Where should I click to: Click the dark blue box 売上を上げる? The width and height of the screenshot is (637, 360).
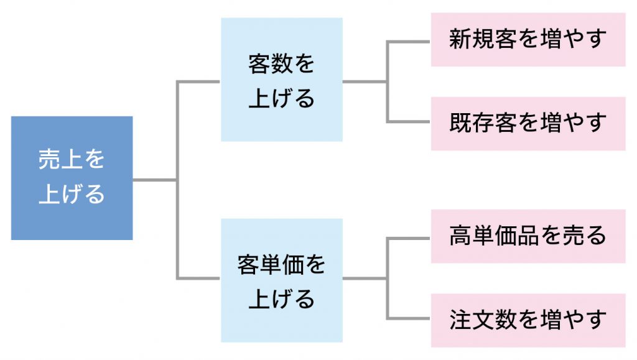point(72,178)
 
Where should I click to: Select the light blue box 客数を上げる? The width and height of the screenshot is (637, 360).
point(282,80)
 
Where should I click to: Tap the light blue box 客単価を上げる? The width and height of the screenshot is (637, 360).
point(282,280)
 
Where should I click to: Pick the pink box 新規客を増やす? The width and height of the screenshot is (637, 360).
point(528,39)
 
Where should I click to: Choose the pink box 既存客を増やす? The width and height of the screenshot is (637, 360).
point(528,124)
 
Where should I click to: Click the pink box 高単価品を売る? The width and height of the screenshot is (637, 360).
point(528,236)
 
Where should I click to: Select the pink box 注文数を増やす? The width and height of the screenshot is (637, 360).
point(528,320)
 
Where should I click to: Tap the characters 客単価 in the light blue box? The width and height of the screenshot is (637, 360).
point(271,265)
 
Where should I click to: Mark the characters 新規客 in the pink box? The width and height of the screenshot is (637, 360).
point(483,39)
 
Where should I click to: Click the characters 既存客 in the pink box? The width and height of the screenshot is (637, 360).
point(483,123)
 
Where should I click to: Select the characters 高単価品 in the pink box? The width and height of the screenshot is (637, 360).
point(494,236)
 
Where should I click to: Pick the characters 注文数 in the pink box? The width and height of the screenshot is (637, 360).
point(483,320)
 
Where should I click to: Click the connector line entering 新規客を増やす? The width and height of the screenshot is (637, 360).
point(408,42)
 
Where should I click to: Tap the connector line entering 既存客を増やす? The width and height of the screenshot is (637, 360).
point(408,121)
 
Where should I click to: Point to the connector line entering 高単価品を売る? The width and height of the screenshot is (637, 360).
point(408,238)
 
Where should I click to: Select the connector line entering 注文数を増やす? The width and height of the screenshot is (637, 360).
point(408,318)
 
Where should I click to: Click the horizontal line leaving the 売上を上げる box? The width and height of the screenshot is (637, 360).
point(155,180)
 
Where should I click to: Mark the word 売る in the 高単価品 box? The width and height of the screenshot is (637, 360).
point(584,236)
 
